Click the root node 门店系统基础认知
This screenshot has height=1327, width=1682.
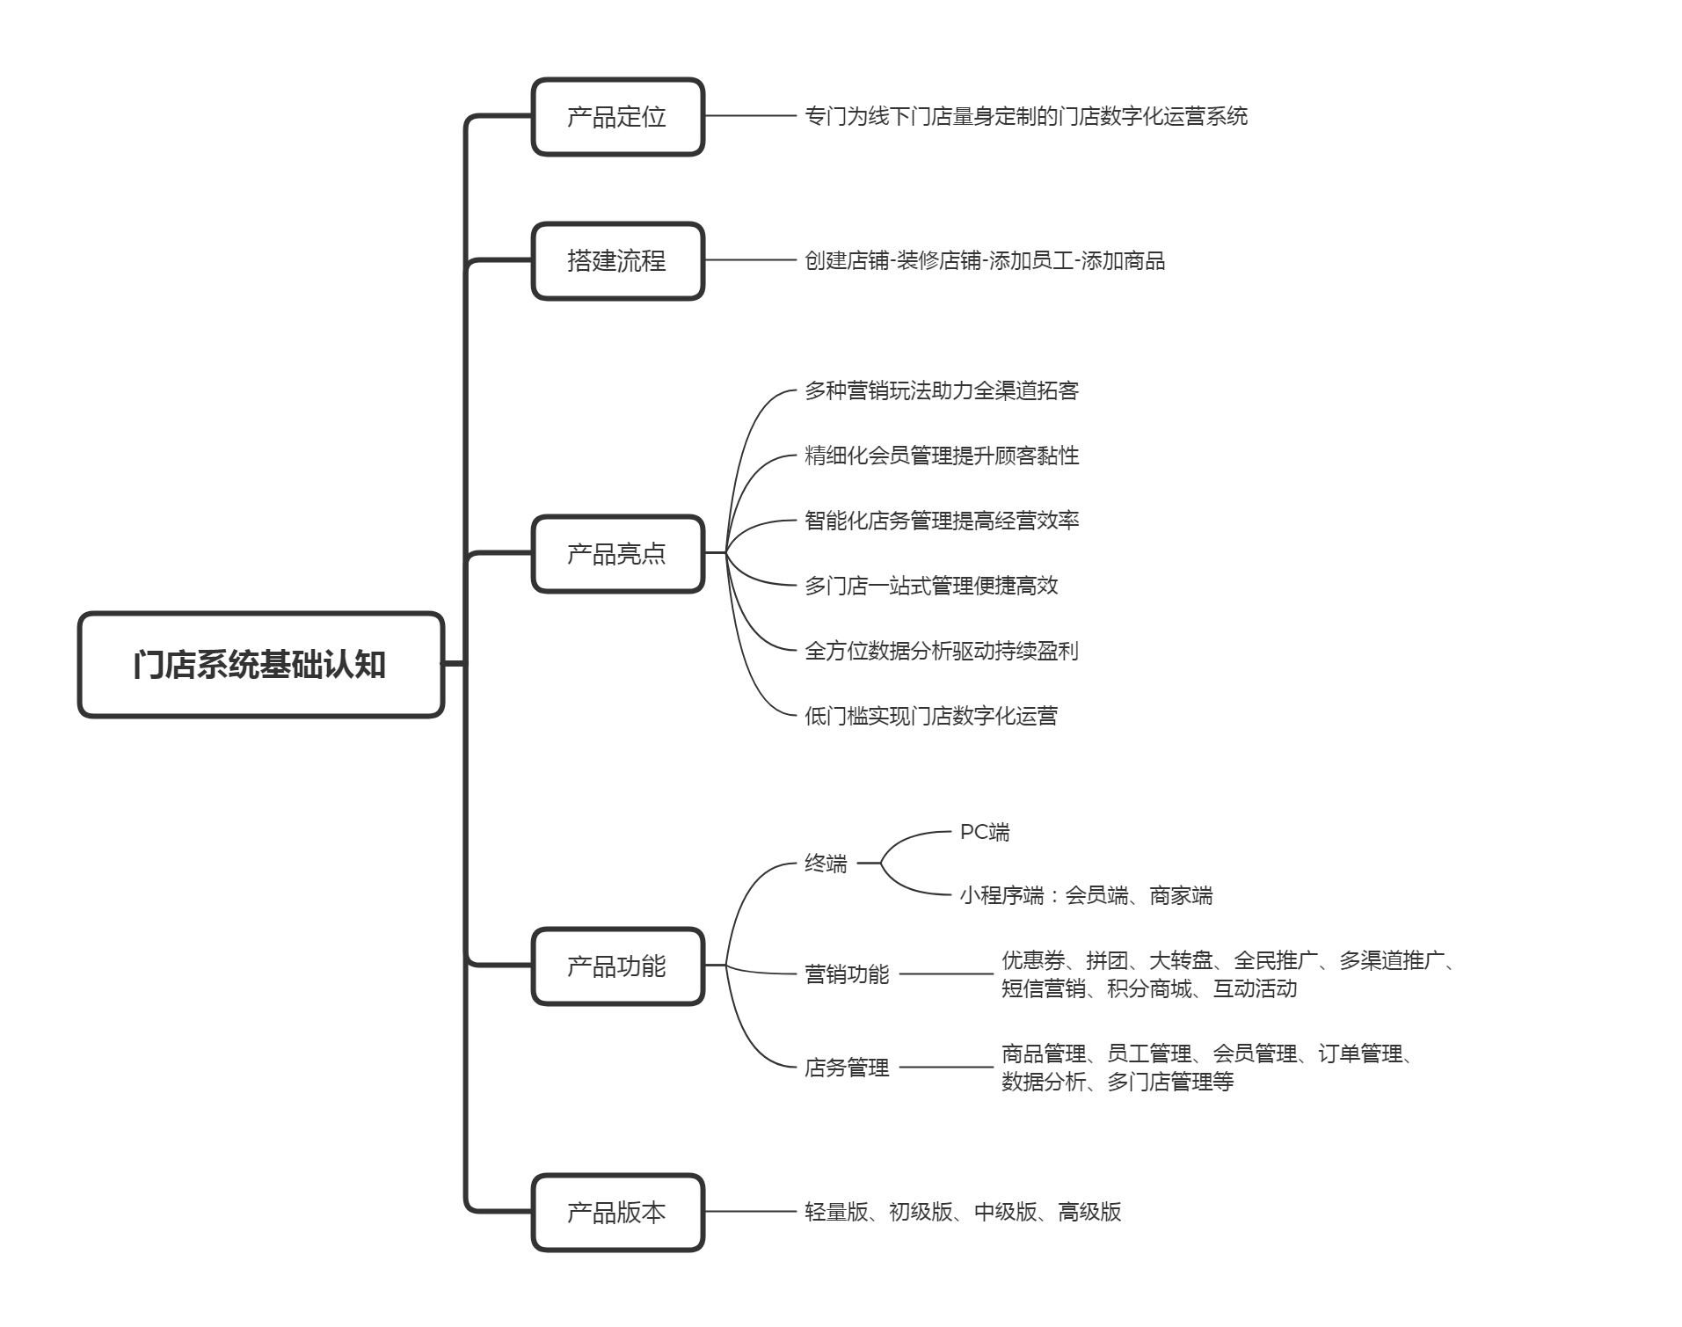click(x=261, y=665)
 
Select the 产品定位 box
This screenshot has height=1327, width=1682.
click(x=618, y=117)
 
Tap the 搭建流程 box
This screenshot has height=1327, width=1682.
click(x=618, y=261)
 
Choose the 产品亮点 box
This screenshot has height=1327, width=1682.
click(x=618, y=554)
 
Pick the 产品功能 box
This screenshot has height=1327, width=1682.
click(x=618, y=966)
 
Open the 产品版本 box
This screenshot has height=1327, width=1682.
click(x=618, y=1213)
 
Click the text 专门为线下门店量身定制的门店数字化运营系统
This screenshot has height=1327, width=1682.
click(x=1026, y=116)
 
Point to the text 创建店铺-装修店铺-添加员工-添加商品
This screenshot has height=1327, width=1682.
click(x=985, y=260)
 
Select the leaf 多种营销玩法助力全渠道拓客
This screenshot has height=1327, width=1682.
click(x=942, y=390)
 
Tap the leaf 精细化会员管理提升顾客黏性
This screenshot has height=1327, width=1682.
click(x=942, y=456)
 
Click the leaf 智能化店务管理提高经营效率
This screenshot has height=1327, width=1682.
click(x=942, y=521)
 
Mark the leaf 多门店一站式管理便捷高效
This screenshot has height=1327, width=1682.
click(x=931, y=586)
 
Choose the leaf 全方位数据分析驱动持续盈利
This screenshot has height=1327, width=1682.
click(x=942, y=651)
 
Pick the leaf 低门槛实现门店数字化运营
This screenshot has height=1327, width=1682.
click(x=931, y=716)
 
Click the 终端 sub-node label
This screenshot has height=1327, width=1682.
click(x=826, y=864)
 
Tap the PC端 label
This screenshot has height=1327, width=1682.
click(x=985, y=832)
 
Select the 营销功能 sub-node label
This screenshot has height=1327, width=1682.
click(x=847, y=974)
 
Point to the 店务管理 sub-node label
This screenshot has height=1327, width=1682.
click(x=847, y=1068)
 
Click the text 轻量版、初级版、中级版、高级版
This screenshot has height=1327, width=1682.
click(x=963, y=1212)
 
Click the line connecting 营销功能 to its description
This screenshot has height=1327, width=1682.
click(x=946, y=974)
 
